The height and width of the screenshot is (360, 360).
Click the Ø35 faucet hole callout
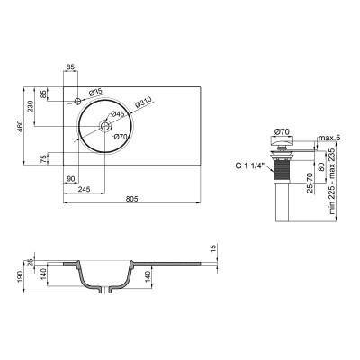(x=97, y=92)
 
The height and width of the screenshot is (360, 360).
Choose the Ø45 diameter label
(x=118, y=114)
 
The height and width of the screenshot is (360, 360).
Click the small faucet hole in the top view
(x=77, y=100)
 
